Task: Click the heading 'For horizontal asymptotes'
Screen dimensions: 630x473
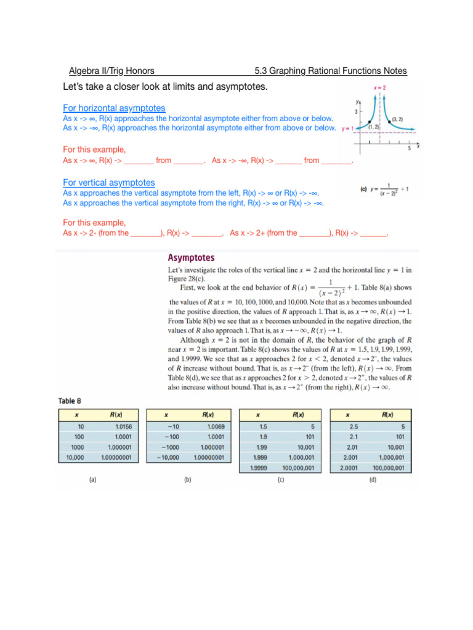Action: pos(114,108)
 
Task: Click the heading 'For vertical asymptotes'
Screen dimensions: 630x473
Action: pos(109,183)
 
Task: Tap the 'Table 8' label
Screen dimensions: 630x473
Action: pos(73,401)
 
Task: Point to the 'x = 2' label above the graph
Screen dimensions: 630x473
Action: pos(381,89)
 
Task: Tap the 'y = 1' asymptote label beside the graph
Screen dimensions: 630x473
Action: pos(347,129)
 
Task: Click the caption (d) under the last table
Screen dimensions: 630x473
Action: pos(372,480)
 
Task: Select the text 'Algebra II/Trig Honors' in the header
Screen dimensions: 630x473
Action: pos(111,71)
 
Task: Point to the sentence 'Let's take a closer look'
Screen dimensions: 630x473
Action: pos(166,87)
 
